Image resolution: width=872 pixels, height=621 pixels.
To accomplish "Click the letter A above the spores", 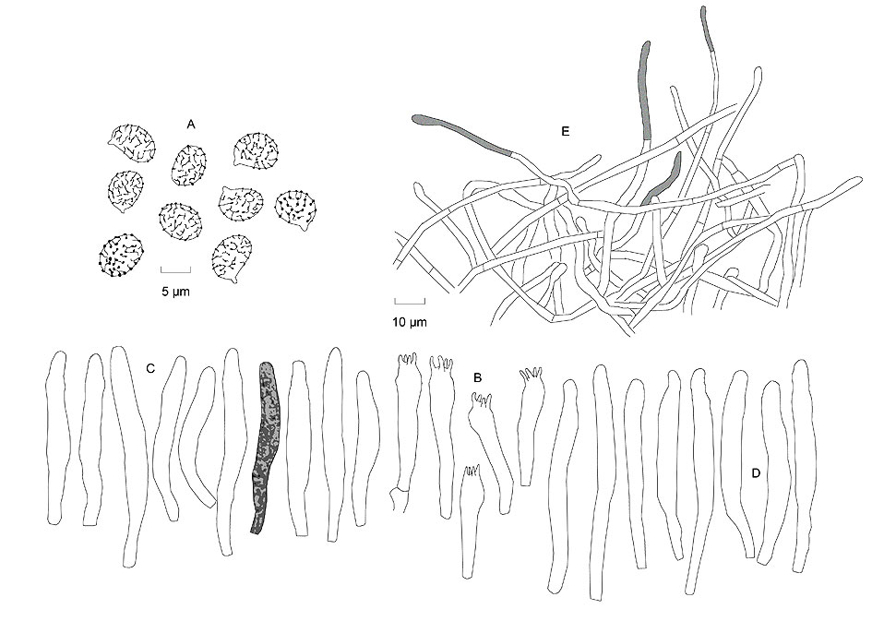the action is coord(191,125).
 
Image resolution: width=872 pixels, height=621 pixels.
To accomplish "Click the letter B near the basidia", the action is coord(477,378).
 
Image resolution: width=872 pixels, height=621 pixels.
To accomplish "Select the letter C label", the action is coord(150,368).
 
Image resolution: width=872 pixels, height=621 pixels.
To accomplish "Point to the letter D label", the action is coord(756,473).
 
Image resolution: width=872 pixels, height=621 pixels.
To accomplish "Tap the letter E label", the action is coord(566,131).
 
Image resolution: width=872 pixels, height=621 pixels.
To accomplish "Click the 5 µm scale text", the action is coord(175,291).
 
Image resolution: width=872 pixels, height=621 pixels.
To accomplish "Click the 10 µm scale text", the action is coord(411,321).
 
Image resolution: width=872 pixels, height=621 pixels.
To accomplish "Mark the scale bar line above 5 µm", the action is coord(175,270).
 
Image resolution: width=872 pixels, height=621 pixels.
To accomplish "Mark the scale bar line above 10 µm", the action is coord(410,302).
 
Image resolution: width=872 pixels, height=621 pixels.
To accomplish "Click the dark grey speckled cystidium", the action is coord(265,447).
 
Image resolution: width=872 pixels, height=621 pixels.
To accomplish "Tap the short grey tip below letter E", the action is coord(663,177).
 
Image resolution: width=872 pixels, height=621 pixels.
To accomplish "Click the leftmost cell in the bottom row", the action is coord(56,437).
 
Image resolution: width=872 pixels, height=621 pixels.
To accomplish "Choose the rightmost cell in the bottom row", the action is coord(801,465).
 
